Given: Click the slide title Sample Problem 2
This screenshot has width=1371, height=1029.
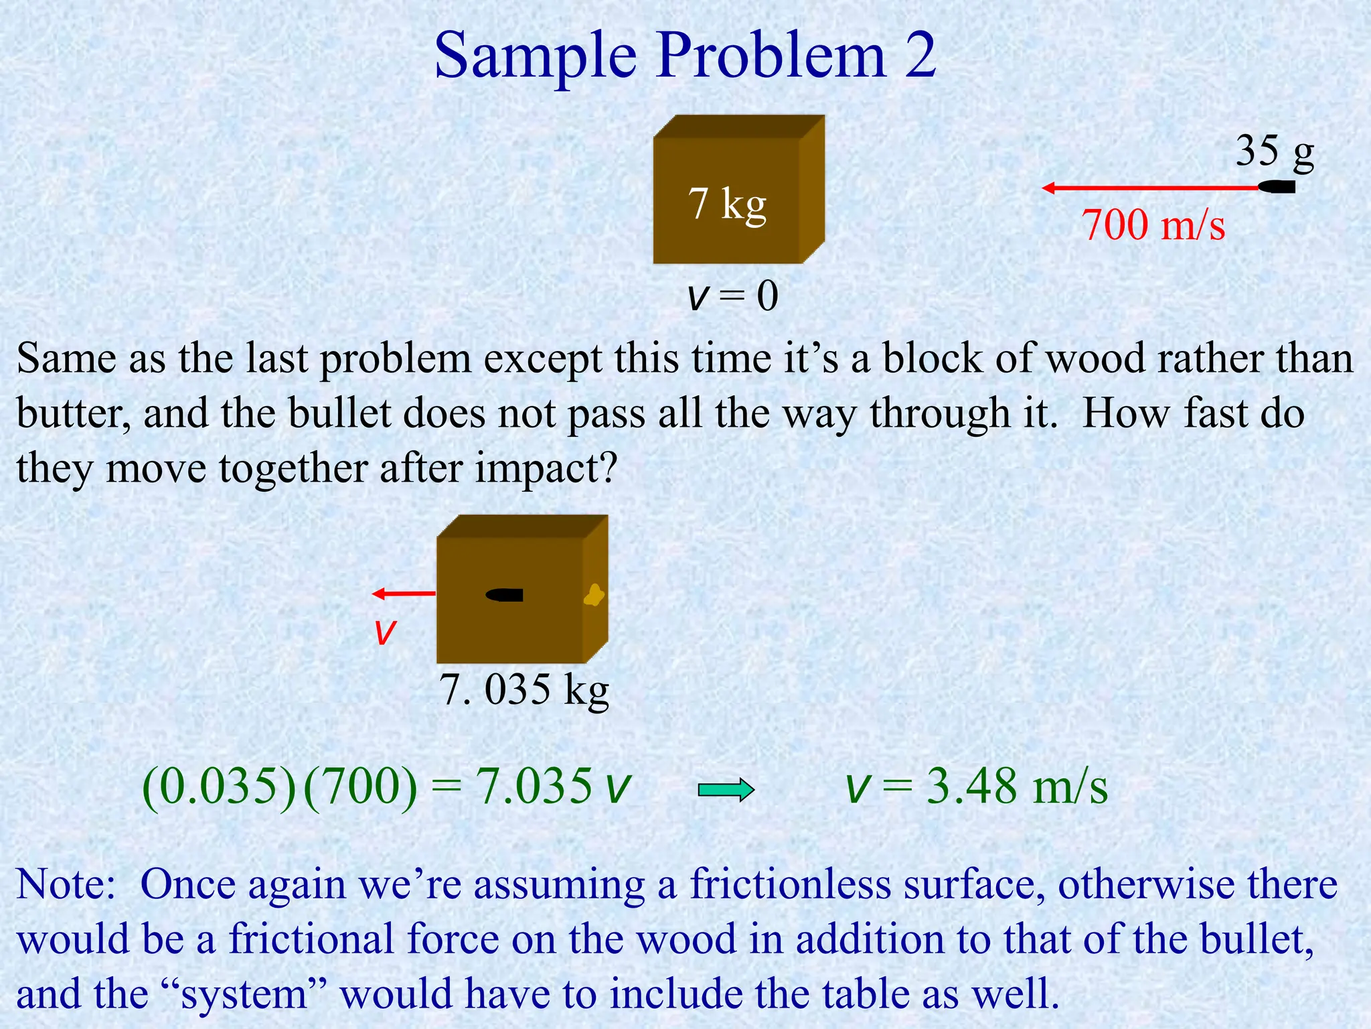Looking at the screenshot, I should coord(685,55).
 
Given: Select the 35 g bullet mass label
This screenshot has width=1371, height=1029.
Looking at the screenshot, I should coord(1275,151).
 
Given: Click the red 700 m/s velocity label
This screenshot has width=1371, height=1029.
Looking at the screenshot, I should coord(1153,224).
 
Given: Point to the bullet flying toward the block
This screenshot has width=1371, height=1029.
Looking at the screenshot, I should coord(1277,188).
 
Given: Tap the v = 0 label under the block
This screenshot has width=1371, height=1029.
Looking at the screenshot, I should coord(732,295).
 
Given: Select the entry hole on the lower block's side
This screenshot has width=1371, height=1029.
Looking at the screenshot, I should coord(594,595).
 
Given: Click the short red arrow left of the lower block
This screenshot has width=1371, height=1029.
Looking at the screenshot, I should coord(404,594).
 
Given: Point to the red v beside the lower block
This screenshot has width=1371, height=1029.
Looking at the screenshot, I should coord(385,632).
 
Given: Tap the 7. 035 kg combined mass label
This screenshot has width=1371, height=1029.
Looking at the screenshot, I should coord(524,689).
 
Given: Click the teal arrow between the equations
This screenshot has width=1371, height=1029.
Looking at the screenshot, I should coord(726,790).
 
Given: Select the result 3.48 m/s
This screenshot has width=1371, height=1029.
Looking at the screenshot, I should coord(1016,786).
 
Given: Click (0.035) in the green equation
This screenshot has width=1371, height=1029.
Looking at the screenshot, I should coord(219,786).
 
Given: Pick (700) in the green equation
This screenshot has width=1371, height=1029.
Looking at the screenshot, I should coord(360,786).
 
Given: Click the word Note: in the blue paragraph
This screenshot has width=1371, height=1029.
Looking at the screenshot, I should coord(66,884).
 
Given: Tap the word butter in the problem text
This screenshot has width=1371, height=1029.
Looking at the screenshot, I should coord(74,413).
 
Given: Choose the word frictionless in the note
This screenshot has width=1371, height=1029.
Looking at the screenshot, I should coord(791,884).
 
